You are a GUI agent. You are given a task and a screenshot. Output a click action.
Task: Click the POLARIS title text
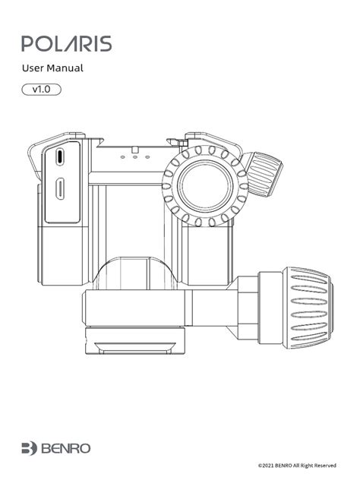click(66, 44)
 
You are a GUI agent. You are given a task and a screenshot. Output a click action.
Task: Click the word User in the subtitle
click(33, 68)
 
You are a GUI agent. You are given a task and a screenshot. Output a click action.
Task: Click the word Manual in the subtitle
click(65, 68)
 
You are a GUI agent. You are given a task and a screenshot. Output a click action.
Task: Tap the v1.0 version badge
click(41, 90)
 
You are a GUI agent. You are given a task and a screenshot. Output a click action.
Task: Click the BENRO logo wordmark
click(66, 448)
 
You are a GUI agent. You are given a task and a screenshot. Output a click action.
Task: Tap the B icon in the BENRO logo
click(30, 448)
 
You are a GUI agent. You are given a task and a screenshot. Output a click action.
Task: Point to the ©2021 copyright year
click(266, 466)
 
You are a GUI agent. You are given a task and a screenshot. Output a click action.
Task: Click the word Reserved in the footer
click(325, 466)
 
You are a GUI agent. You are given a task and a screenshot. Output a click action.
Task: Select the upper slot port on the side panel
click(60, 156)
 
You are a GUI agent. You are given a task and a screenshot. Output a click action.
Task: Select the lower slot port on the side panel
click(60, 189)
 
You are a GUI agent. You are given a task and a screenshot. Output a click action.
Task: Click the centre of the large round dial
click(205, 186)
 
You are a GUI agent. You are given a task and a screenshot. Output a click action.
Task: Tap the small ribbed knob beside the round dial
click(264, 174)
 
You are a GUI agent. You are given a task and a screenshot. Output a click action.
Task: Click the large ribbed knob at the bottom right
click(308, 308)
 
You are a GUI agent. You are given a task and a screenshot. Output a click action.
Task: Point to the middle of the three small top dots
click(135, 157)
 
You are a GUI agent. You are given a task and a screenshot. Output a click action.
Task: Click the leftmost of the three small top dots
click(122, 157)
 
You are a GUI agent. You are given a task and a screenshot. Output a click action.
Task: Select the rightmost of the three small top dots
click(147, 157)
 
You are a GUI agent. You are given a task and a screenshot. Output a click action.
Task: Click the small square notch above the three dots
click(134, 150)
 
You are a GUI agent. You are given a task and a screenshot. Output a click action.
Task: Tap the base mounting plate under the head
click(135, 341)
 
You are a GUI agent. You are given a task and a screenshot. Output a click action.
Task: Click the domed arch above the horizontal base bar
click(135, 273)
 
